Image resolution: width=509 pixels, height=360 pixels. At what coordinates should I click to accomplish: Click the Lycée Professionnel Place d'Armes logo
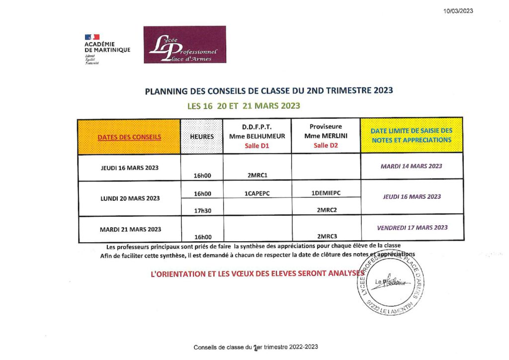tap(184, 45)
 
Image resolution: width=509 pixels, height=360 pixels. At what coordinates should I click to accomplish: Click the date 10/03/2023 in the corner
tap(458, 11)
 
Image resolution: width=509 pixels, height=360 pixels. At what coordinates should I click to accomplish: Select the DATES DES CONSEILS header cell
tap(129, 137)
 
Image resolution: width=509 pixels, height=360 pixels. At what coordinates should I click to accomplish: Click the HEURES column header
tap(202, 137)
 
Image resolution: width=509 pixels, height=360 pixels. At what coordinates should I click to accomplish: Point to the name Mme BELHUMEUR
tap(257, 136)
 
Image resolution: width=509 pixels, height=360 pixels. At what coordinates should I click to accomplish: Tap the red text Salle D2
tap(326, 145)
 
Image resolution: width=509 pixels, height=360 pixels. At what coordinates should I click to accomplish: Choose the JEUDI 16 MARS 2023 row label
tap(129, 168)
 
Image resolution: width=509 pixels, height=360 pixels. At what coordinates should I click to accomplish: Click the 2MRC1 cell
tap(257, 176)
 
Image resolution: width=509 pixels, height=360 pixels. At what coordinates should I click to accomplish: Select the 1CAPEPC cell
tap(257, 193)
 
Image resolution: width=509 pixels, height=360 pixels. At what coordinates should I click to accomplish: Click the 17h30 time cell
tap(202, 210)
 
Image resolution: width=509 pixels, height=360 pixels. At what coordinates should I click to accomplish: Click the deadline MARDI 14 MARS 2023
tap(411, 166)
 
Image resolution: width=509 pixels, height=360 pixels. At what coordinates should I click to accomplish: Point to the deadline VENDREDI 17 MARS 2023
tap(412, 227)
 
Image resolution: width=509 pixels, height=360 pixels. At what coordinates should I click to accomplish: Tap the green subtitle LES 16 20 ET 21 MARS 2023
tap(244, 105)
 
